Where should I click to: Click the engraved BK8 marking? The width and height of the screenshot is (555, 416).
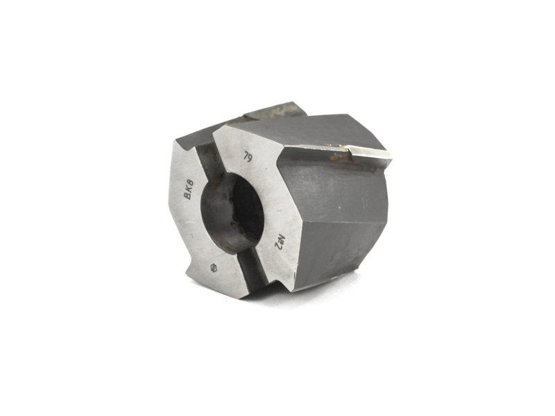point(188,189)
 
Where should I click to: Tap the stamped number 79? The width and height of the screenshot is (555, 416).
point(248,157)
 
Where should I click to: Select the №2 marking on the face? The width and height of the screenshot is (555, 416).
point(280,241)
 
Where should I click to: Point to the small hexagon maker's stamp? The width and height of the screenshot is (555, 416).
point(214,268)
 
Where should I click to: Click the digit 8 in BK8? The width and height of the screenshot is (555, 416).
point(190,184)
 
